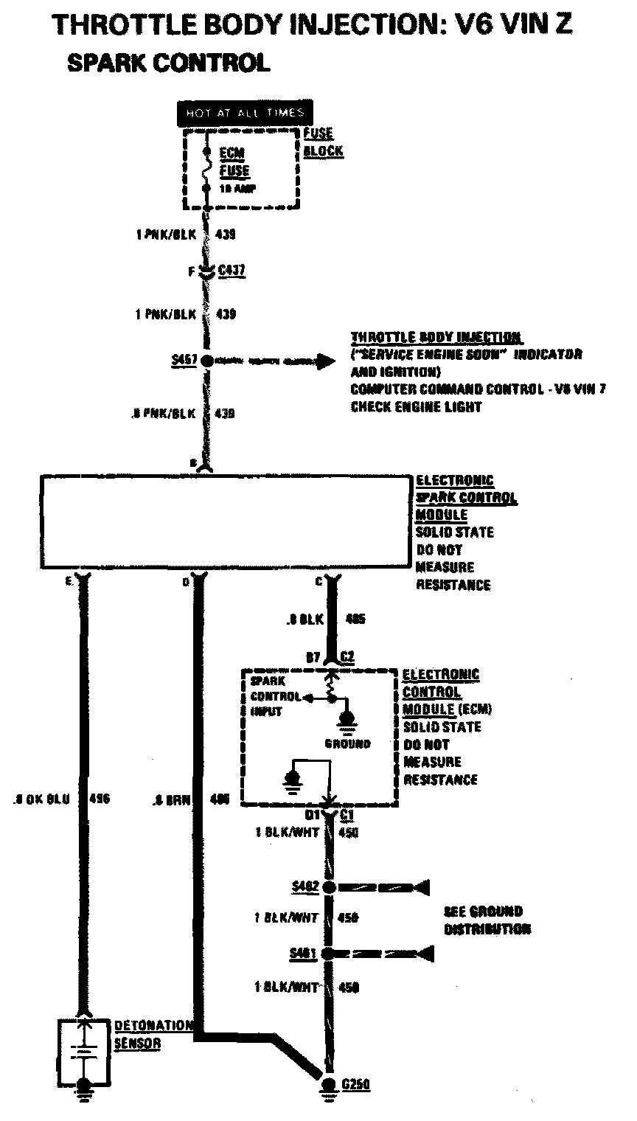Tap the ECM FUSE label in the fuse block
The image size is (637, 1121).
tap(235, 162)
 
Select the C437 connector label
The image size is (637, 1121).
tap(232, 271)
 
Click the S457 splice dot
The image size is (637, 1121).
tap(206, 361)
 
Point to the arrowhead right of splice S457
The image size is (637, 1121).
tap(325, 361)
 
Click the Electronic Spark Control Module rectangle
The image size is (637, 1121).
tap(225, 522)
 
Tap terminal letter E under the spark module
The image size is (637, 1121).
tap(68, 582)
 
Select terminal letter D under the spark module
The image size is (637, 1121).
tap(186, 582)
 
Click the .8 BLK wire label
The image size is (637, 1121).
tap(304, 620)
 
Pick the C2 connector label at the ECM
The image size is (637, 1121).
tap(348, 656)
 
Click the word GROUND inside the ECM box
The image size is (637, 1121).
tap(348, 744)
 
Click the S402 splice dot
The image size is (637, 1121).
tap(329, 886)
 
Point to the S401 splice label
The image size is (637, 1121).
tap(303, 954)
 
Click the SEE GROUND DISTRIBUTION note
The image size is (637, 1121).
tap(487, 920)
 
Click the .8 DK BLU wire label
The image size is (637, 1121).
tap(42, 799)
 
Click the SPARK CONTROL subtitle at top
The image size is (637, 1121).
tap(168, 63)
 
